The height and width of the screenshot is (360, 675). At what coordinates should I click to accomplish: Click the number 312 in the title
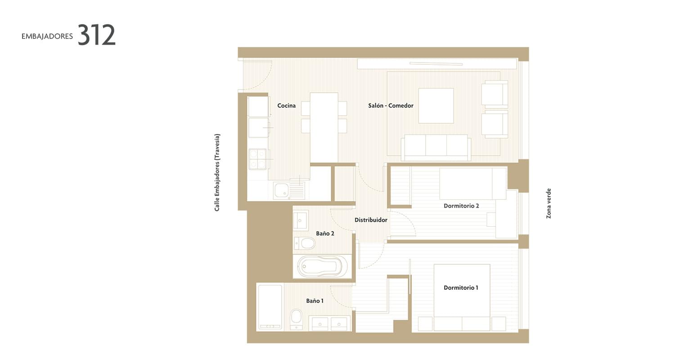pos(96,35)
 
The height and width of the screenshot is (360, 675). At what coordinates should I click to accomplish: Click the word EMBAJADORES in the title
pos(47,36)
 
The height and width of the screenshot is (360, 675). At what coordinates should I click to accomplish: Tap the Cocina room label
pos(286,105)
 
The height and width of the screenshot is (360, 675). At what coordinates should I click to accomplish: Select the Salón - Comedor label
pos(391,105)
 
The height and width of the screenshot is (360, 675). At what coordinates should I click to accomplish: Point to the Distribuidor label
pos(371,220)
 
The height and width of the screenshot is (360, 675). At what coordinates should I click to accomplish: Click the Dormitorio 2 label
pos(461,206)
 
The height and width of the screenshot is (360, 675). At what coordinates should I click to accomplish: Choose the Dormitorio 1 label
pos(461,288)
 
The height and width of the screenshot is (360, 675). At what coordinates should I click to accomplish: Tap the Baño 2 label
pos(325,233)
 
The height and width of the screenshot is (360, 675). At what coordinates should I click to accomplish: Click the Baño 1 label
pos(315,301)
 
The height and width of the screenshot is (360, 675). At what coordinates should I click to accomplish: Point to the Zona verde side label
pos(549,204)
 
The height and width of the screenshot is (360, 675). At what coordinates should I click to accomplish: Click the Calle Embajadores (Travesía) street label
pos(217,173)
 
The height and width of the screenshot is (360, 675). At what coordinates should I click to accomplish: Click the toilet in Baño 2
pos(305,243)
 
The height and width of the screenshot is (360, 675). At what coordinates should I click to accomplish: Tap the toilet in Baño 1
pos(296,319)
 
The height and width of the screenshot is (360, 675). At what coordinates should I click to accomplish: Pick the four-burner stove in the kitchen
pos(258,159)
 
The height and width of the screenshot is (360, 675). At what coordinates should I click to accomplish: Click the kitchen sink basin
pos(281,190)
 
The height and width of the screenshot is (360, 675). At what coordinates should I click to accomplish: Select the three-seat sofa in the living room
pos(436,147)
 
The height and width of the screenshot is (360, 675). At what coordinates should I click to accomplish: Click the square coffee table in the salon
pos(436,105)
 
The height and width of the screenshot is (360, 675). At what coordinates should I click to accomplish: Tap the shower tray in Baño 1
pos(270,307)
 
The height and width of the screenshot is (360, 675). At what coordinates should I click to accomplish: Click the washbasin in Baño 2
pos(301,220)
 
